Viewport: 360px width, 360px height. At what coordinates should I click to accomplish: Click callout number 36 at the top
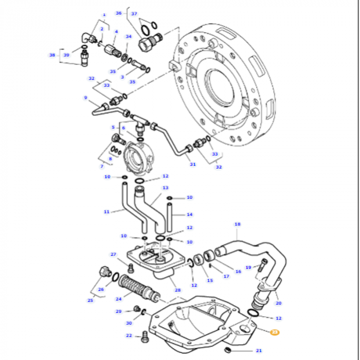point(118,13)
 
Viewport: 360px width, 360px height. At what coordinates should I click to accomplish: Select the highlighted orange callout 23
point(275,333)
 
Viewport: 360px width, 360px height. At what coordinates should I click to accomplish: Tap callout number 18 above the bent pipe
point(237,224)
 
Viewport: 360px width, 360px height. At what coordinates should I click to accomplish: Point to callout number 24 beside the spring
point(118,298)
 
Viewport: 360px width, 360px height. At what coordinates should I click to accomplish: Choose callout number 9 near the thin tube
point(85,97)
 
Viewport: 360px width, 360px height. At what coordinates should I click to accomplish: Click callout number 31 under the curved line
point(193,165)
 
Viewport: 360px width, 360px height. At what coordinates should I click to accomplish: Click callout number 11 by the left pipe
point(106,211)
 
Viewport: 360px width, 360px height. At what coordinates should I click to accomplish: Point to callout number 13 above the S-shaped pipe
point(166,188)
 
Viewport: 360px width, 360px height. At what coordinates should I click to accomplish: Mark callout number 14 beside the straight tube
point(189,214)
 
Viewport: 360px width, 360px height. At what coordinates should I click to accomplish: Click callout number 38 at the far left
point(52,55)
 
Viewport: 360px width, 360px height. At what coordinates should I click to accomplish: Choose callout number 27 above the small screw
point(114,255)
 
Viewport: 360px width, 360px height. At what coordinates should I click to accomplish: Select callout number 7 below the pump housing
point(102,166)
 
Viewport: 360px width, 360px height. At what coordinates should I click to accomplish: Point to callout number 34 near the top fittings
point(129,37)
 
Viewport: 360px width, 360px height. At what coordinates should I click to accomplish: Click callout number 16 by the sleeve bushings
point(238,271)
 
